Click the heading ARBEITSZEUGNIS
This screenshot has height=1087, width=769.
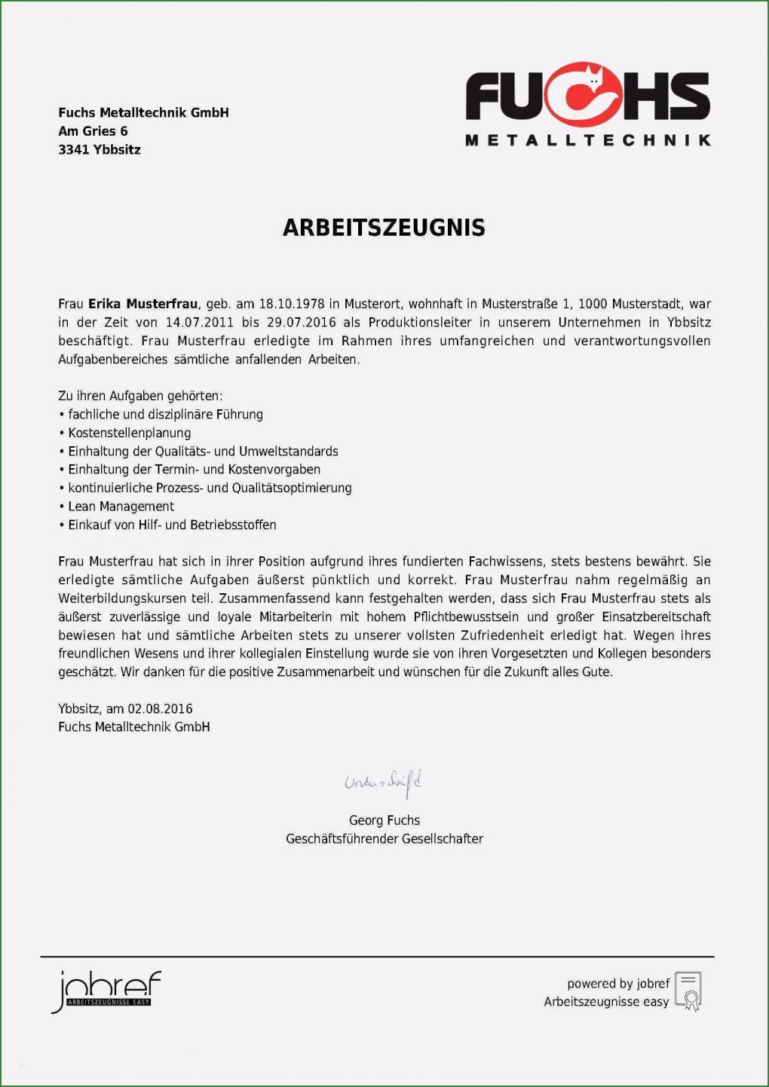(x=384, y=228)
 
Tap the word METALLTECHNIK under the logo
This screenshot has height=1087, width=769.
(x=588, y=140)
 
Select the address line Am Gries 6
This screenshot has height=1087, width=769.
(x=93, y=131)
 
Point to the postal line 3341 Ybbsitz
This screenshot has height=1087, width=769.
(x=100, y=149)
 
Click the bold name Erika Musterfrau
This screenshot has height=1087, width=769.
(x=142, y=304)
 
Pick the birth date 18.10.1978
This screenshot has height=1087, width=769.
(x=291, y=304)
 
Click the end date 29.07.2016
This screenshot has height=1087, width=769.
(x=301, y=323)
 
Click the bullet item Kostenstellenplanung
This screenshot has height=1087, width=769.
(x=129, y=433)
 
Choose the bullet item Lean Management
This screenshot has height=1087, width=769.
(x=121, y=507)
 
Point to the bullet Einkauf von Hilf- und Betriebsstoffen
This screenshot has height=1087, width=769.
(x=172, y=525)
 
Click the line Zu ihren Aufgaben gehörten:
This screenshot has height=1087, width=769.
(x=140, y=396)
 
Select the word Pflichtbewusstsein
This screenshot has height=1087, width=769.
(x=466, y=617)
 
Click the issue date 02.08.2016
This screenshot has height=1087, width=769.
(x=160, y=709)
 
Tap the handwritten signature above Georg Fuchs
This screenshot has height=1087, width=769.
(x=383, y=783)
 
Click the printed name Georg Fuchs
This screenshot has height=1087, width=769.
(x=384, y=820)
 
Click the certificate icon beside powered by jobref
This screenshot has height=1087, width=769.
(x=688, y=991)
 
